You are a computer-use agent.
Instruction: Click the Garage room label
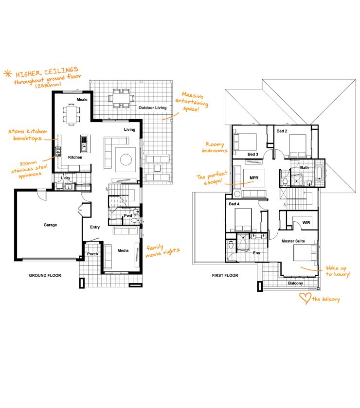[50, 225]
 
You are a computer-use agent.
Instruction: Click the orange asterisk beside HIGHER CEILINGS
[8, 73]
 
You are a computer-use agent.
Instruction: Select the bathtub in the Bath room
[320, 172]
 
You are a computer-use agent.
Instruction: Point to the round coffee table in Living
[126, 160]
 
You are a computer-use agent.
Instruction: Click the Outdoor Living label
[153, 108]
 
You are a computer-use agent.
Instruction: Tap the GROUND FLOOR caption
[45, 275]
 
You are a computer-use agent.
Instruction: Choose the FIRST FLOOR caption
[225, 275]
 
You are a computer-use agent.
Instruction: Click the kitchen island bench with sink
[84, 143]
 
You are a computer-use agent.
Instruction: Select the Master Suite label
[293, 241]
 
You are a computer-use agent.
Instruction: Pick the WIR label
[306, 223]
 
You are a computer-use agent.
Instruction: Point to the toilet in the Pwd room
[135, 220]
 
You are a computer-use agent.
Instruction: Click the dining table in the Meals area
[71, 114]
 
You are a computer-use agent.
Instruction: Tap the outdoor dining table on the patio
[121, 98]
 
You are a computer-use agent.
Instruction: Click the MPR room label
[254, 178]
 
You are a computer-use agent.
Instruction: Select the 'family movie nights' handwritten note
[162, 251]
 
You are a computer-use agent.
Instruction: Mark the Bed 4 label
[234, 204]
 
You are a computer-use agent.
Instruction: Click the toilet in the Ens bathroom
[231, 245]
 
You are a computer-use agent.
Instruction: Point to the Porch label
[92, 254]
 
